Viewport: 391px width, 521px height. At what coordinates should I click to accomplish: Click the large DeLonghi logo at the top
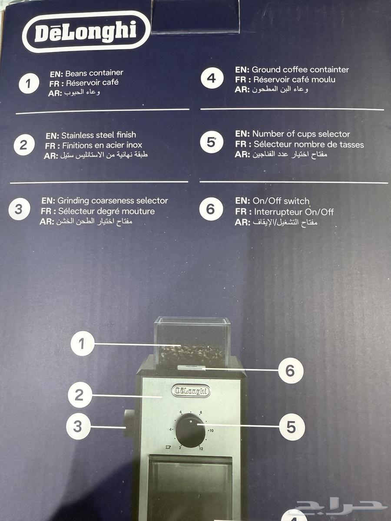pos(86,32)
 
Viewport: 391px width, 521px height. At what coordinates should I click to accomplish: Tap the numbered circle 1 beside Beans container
pos(29,83)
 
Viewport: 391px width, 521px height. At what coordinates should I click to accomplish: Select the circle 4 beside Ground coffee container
pos(212,78)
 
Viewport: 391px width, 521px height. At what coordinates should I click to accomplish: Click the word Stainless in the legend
pos(76,135)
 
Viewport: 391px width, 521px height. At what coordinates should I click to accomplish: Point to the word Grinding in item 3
pos(73,201)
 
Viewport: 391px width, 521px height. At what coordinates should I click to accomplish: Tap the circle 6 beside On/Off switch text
pos(211,209)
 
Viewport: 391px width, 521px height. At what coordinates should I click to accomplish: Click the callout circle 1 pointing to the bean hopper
pos(83,344)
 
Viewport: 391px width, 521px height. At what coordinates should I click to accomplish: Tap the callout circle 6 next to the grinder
pos(291,370)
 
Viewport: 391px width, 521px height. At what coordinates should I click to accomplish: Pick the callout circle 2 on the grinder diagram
pos(80,395)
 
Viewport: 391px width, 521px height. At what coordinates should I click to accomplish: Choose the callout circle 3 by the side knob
pos(78,426)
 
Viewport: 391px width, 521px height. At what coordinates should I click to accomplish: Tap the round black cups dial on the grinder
pos(190,431)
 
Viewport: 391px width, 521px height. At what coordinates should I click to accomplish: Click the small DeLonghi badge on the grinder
pos(191,391)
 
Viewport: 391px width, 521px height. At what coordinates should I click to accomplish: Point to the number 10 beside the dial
pos(211,430)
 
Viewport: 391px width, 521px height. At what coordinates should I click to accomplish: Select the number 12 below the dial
pos(201,448)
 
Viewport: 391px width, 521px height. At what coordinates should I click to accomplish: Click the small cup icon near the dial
pos(168,447)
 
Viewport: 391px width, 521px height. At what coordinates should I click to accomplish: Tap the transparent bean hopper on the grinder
pos(192,341)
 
